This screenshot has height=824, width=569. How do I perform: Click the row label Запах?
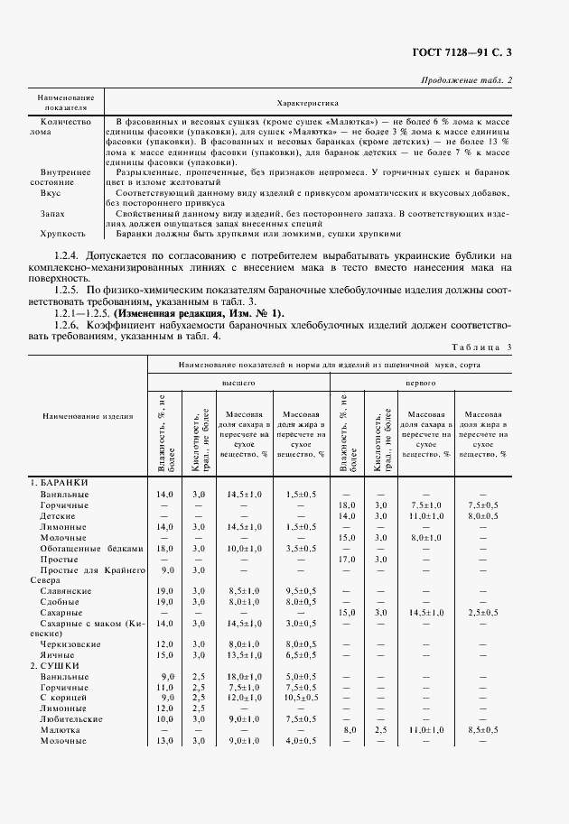click(51, 213)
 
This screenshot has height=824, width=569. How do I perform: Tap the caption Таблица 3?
click(480, 347)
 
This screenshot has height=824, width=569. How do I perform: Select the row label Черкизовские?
click(73, 643)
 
